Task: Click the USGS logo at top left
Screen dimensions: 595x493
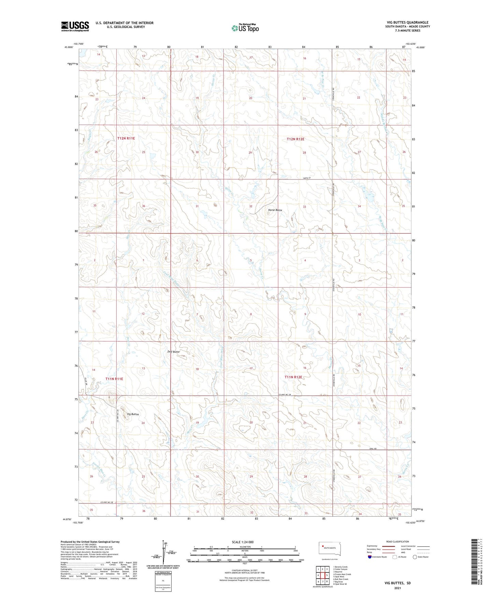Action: pyautogui.click(x=75, y=26)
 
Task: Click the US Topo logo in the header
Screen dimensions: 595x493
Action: pyautogui.click(x=245, y=28)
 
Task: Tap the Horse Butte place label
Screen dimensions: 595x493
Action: pyautogui.click(x=275, y=210)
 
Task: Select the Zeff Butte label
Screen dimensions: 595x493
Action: pyautogui.click(x=173, y=352)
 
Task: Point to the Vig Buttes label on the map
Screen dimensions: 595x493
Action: pyautogui.click(x=133, y=414)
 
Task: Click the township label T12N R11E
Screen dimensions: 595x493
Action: pyautogui.click(x=126, y=138)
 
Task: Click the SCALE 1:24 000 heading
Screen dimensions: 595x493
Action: pyautogui.click(x=243, y=542)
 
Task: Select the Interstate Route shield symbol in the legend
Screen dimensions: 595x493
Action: pyautogui.click(x=369, y=557)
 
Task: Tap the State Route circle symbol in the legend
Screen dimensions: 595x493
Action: pyautogui.click(x=415, y=557)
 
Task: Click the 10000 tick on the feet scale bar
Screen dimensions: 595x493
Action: pyautogui.click(x=301, y=560)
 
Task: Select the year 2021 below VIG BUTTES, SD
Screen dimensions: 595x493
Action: pyautogui.click(x=397, y=588)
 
